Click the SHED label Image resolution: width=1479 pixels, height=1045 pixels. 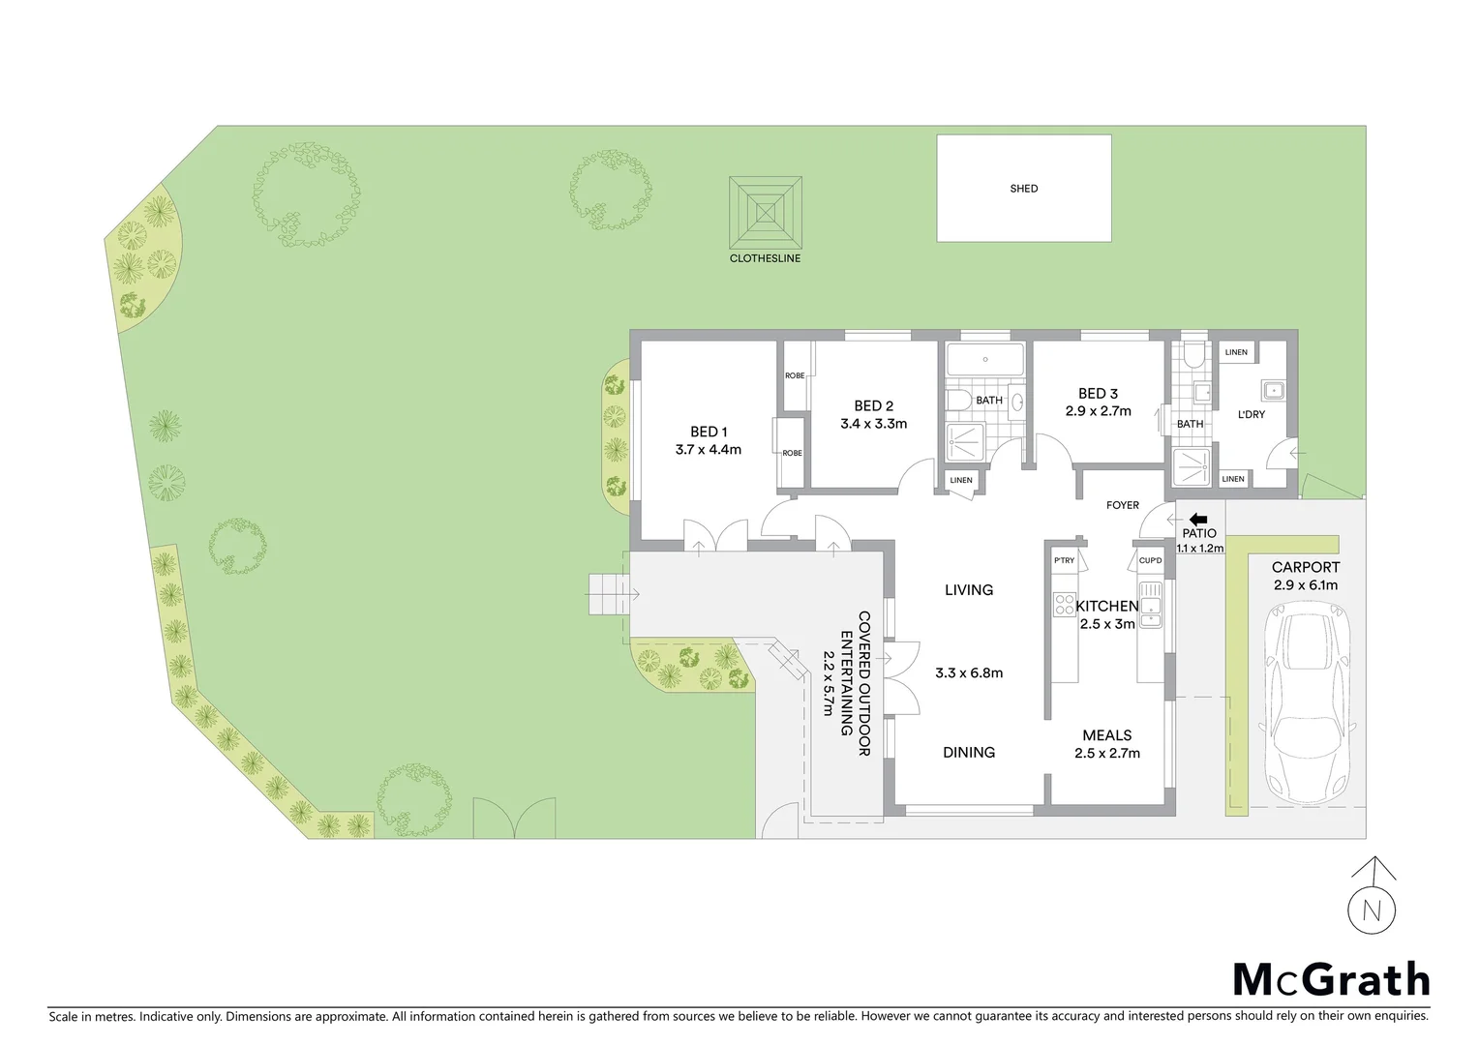[x=1023, y=189]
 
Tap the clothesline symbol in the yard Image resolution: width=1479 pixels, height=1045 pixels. [x=765, y=212]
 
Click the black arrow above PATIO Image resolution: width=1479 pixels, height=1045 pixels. [x=1198, y=520]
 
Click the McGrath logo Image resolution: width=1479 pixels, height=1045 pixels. [x=1331, y=980]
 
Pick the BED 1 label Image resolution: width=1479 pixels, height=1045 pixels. [x=709, y=432]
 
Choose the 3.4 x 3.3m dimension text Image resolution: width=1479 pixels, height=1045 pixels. [x=873, y=424]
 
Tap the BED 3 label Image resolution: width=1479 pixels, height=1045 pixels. [x=1098, y=394]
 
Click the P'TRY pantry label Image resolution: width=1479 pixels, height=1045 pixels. [x=1064, y=561]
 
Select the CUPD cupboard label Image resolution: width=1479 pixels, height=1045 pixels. [x=1150, y=561]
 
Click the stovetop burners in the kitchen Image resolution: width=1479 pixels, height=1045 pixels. [x=1064, y=605]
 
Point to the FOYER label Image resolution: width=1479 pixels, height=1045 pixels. [x=1123, y=505]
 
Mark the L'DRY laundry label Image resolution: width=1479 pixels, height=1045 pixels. [x=1252, y=414]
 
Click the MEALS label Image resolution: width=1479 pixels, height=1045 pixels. [x=1107, y=735]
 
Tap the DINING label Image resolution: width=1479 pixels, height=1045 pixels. [x=969, y=753]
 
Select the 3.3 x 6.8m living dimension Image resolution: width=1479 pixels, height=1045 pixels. [x=969, y=673]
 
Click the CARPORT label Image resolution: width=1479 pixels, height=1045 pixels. [x=1306, y=568]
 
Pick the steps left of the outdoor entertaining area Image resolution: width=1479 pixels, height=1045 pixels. [x=608, y=593]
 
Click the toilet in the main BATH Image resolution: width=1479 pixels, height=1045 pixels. [x=960, y=401]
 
